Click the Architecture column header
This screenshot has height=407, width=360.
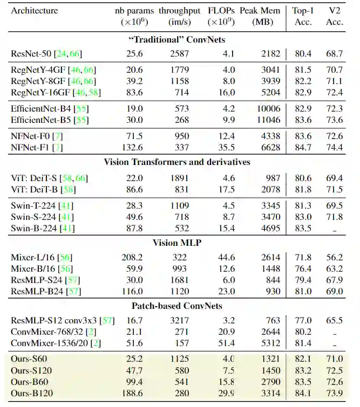pyautogui.click(x=34, y=10)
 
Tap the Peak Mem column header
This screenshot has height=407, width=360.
pyautogui.click(x=264, y=10)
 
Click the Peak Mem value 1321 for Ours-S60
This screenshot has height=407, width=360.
pyautogui.click(x=269, y=358)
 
